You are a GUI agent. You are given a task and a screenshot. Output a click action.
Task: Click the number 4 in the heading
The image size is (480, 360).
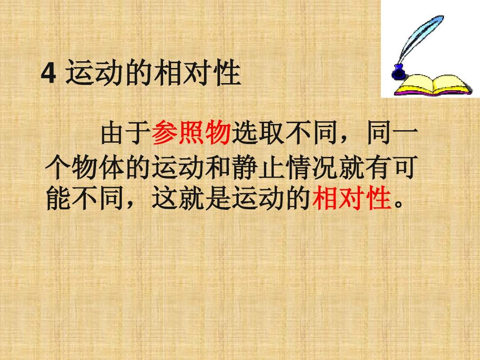coord(49,73)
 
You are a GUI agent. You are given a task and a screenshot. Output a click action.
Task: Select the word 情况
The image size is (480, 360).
coord(312,167)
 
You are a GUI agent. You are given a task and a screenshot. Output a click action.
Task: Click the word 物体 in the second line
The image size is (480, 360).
coord(98,167)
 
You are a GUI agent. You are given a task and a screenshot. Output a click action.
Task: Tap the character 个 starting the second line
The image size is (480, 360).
coord(58,167)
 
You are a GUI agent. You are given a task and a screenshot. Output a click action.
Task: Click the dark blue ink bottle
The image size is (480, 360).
coord(398,73)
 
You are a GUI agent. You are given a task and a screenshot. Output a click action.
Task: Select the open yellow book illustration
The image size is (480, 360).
coord(432,85)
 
